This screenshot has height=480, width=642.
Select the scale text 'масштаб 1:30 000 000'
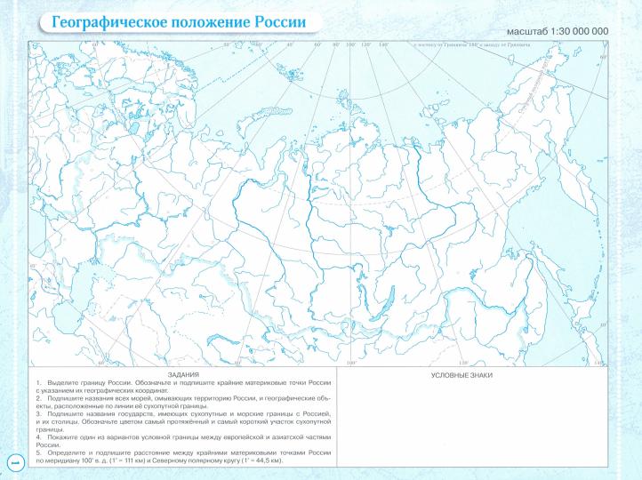[557, 31]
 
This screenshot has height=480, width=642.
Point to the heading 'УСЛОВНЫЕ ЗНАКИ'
[461, 375]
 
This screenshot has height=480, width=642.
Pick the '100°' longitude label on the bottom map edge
[349, 364]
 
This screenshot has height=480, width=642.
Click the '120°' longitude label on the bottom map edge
[463, 364]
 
